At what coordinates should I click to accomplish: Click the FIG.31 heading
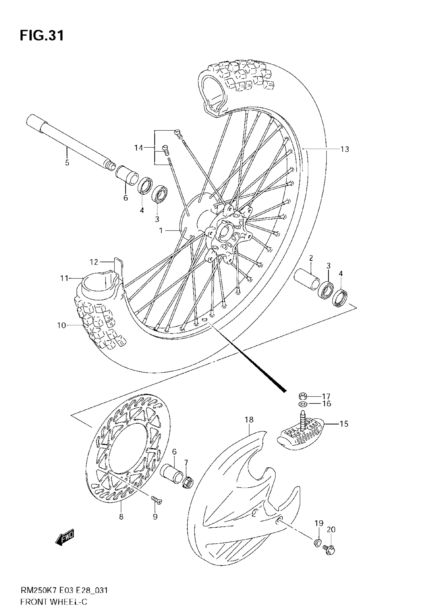42,36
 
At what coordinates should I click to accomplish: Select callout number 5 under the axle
67,163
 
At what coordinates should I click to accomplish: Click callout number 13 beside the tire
344,149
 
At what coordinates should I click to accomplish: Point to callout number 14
138,148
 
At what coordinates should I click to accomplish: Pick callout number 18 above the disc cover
249,420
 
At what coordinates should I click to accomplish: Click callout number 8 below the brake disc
121,517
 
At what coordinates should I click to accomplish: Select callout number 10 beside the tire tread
61,325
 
